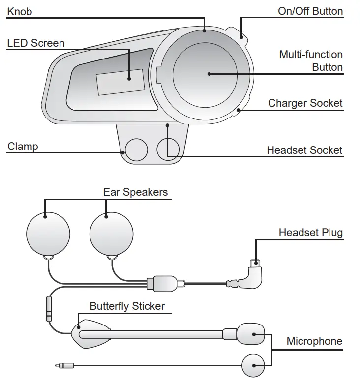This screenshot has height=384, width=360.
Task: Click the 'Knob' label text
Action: [x=19, y=11]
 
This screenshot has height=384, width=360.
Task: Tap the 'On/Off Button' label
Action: [x=310, y=11]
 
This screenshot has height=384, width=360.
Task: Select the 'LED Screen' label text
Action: [x=35, y=43]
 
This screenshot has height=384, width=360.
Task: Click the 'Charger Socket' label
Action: [x=305, y=103]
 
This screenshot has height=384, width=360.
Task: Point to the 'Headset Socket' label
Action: [x=304, y=150]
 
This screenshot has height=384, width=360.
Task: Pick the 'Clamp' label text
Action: [x=23, y=146]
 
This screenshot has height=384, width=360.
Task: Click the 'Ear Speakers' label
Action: [x=135, y=192]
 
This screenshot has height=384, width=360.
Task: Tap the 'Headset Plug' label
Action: [x=310, y=232]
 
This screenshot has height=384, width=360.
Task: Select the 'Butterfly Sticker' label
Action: [x=127, y=306]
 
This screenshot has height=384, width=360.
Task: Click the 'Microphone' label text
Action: [x=314, y=341]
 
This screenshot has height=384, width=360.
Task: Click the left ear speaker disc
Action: [x=48, y=234]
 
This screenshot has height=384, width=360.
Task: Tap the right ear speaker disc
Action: [x=112, y=234]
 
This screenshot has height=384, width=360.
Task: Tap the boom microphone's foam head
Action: [x=250, y=334]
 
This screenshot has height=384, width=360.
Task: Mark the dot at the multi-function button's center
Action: [x=209, y=74]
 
